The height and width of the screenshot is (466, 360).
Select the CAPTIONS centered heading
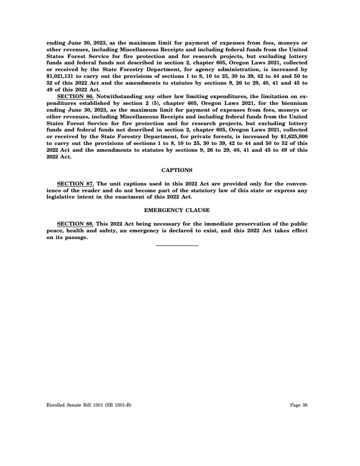(177, 170)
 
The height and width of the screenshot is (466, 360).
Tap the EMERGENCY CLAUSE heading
(177, 210)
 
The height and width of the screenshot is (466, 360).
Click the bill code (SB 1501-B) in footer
(119, 405)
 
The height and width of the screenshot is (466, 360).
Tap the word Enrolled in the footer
(55, 405)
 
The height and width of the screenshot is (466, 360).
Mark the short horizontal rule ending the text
(177, 245)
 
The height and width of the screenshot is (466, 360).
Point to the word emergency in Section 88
(144, 231)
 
